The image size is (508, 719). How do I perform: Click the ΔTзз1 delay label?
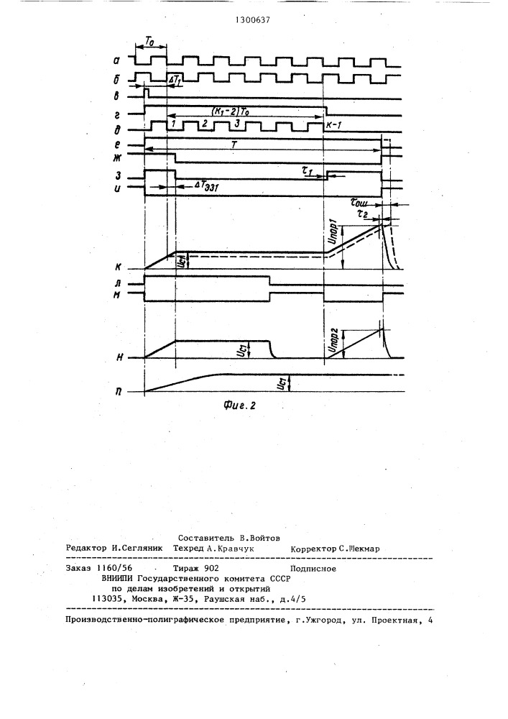point(209,186)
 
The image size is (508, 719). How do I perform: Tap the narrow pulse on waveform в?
point(147,93)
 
